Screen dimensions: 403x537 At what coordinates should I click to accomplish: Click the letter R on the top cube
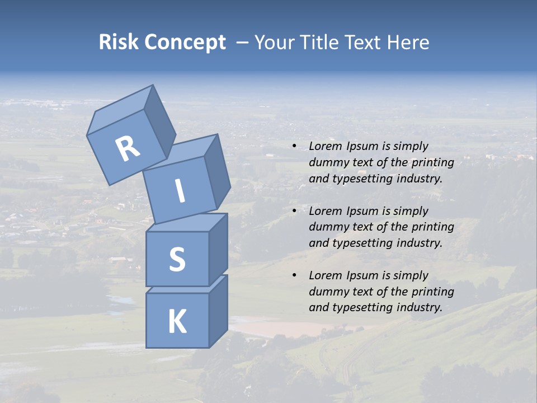tap(128, 148)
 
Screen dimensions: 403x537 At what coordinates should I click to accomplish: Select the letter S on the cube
tap(177, 259)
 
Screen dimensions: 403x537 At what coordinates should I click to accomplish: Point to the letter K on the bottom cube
tap(177, 321)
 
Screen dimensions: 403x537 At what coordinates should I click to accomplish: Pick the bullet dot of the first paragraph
tap(294, 146)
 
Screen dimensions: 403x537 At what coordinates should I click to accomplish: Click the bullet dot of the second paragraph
tap(294, 211)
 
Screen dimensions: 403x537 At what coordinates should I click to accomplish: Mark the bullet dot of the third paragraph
tap(294, 275)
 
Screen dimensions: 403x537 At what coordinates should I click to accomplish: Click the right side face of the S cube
tap(218, 249)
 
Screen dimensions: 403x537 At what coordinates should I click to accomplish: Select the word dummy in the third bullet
tap(327, 292)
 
